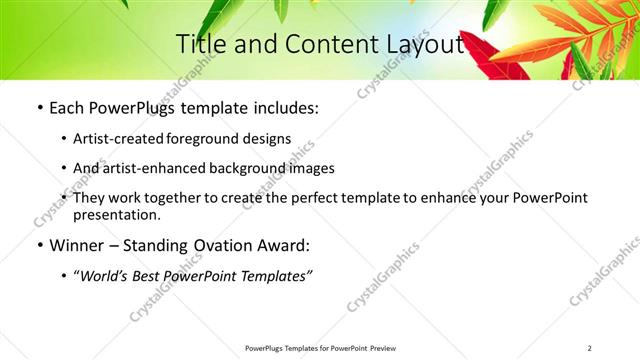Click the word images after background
(x=307, y=168)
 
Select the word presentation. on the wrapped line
(x=116, y=215)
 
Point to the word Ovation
(x=227, y=245)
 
